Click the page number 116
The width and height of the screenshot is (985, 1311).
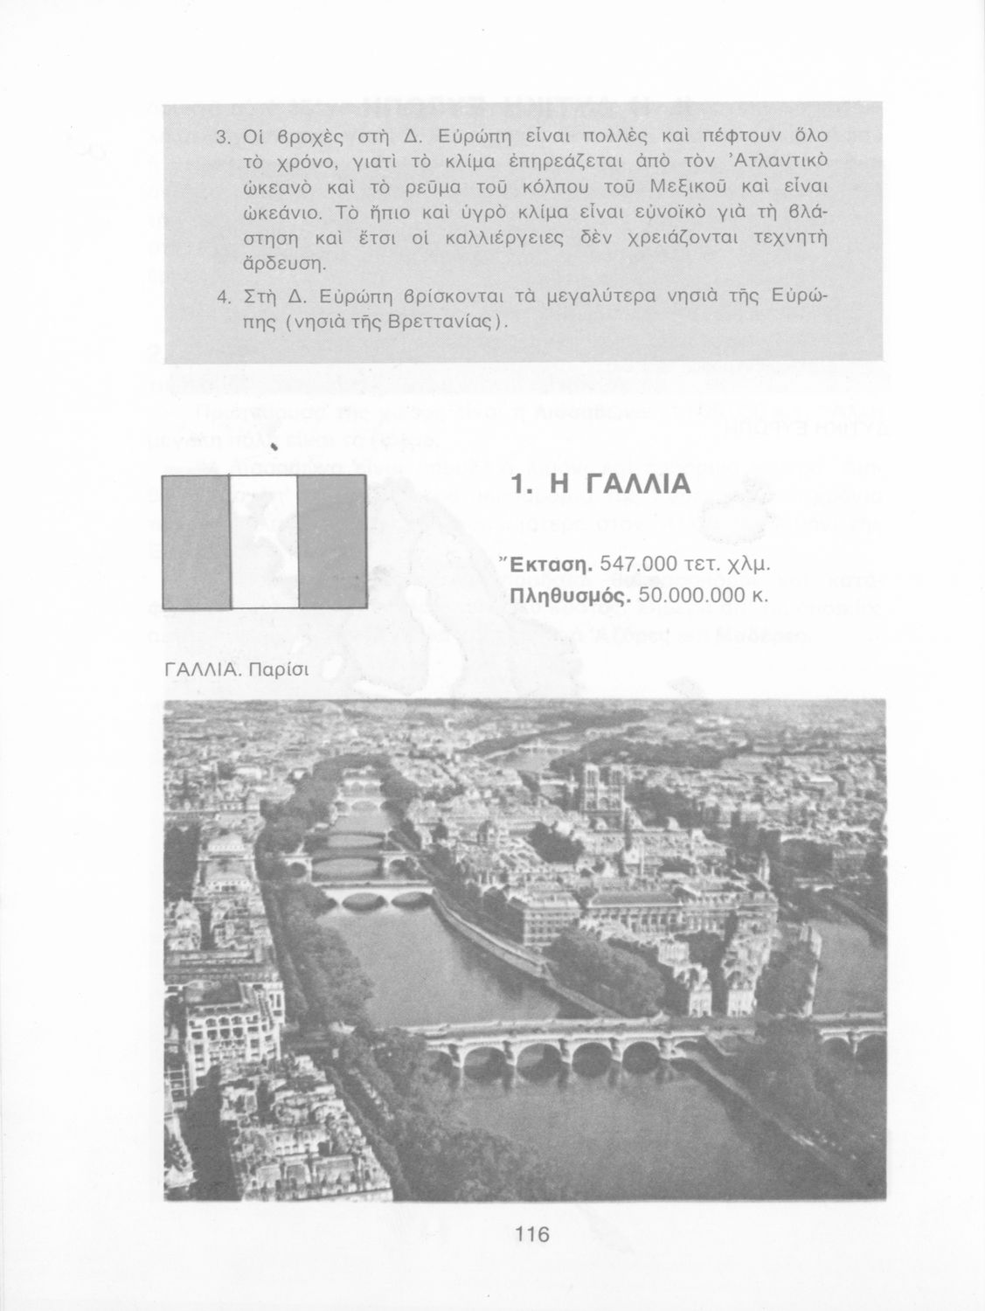tap(531, 1235)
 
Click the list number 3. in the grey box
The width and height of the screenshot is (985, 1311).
tap(222, 137)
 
